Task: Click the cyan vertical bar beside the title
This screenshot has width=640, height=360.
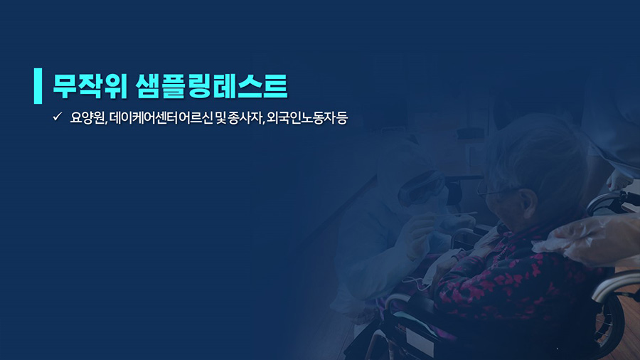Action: [38, 85]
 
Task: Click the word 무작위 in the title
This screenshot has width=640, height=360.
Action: [90, 86]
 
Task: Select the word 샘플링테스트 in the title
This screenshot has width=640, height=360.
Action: [211, 86]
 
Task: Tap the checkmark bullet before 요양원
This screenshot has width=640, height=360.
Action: [57, 117]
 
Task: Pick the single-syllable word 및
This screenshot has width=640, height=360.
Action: [220, 118]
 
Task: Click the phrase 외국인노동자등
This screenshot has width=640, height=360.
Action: [307, 118]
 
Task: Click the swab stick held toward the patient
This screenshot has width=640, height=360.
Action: [457, 215]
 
